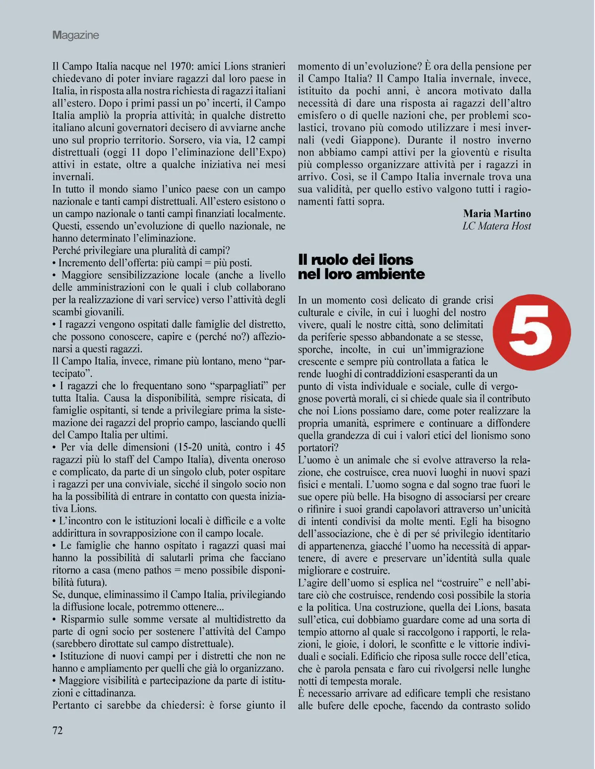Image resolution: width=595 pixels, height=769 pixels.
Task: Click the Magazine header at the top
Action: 76,35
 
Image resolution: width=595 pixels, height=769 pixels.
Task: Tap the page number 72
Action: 58,730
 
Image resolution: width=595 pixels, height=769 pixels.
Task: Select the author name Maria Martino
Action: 497,214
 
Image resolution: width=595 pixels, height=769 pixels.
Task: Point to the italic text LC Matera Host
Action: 496,226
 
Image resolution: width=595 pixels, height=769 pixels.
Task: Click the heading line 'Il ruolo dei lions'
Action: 356,259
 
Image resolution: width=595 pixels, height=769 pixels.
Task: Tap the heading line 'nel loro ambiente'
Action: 361,274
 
